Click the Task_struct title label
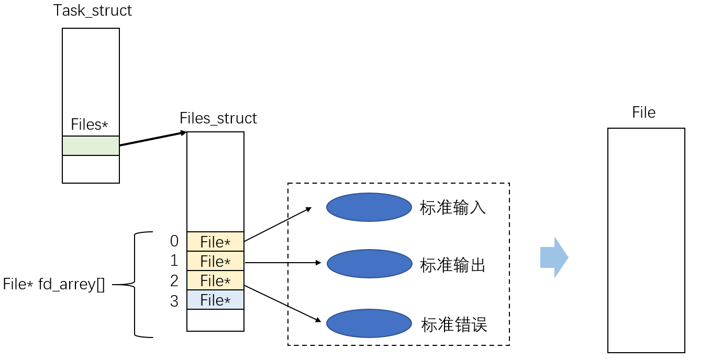(93, 11)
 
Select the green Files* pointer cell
(91, 145)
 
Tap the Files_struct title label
(218, 118)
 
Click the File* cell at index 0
(215, 242)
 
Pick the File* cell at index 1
(215, 261)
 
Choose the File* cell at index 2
(215, 281)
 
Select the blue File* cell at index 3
(215, 300)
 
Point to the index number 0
(174, 241)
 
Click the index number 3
(174, 301)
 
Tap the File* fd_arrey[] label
(54, 285)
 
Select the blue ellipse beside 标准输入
(369, 207)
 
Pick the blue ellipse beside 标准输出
(369, 264)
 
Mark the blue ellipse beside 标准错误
(369, 323)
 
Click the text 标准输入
(453, 208)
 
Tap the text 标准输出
(453, 265)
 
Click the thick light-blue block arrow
(554, 257)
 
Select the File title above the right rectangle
(643, 113)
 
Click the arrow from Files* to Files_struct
(152, 139)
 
